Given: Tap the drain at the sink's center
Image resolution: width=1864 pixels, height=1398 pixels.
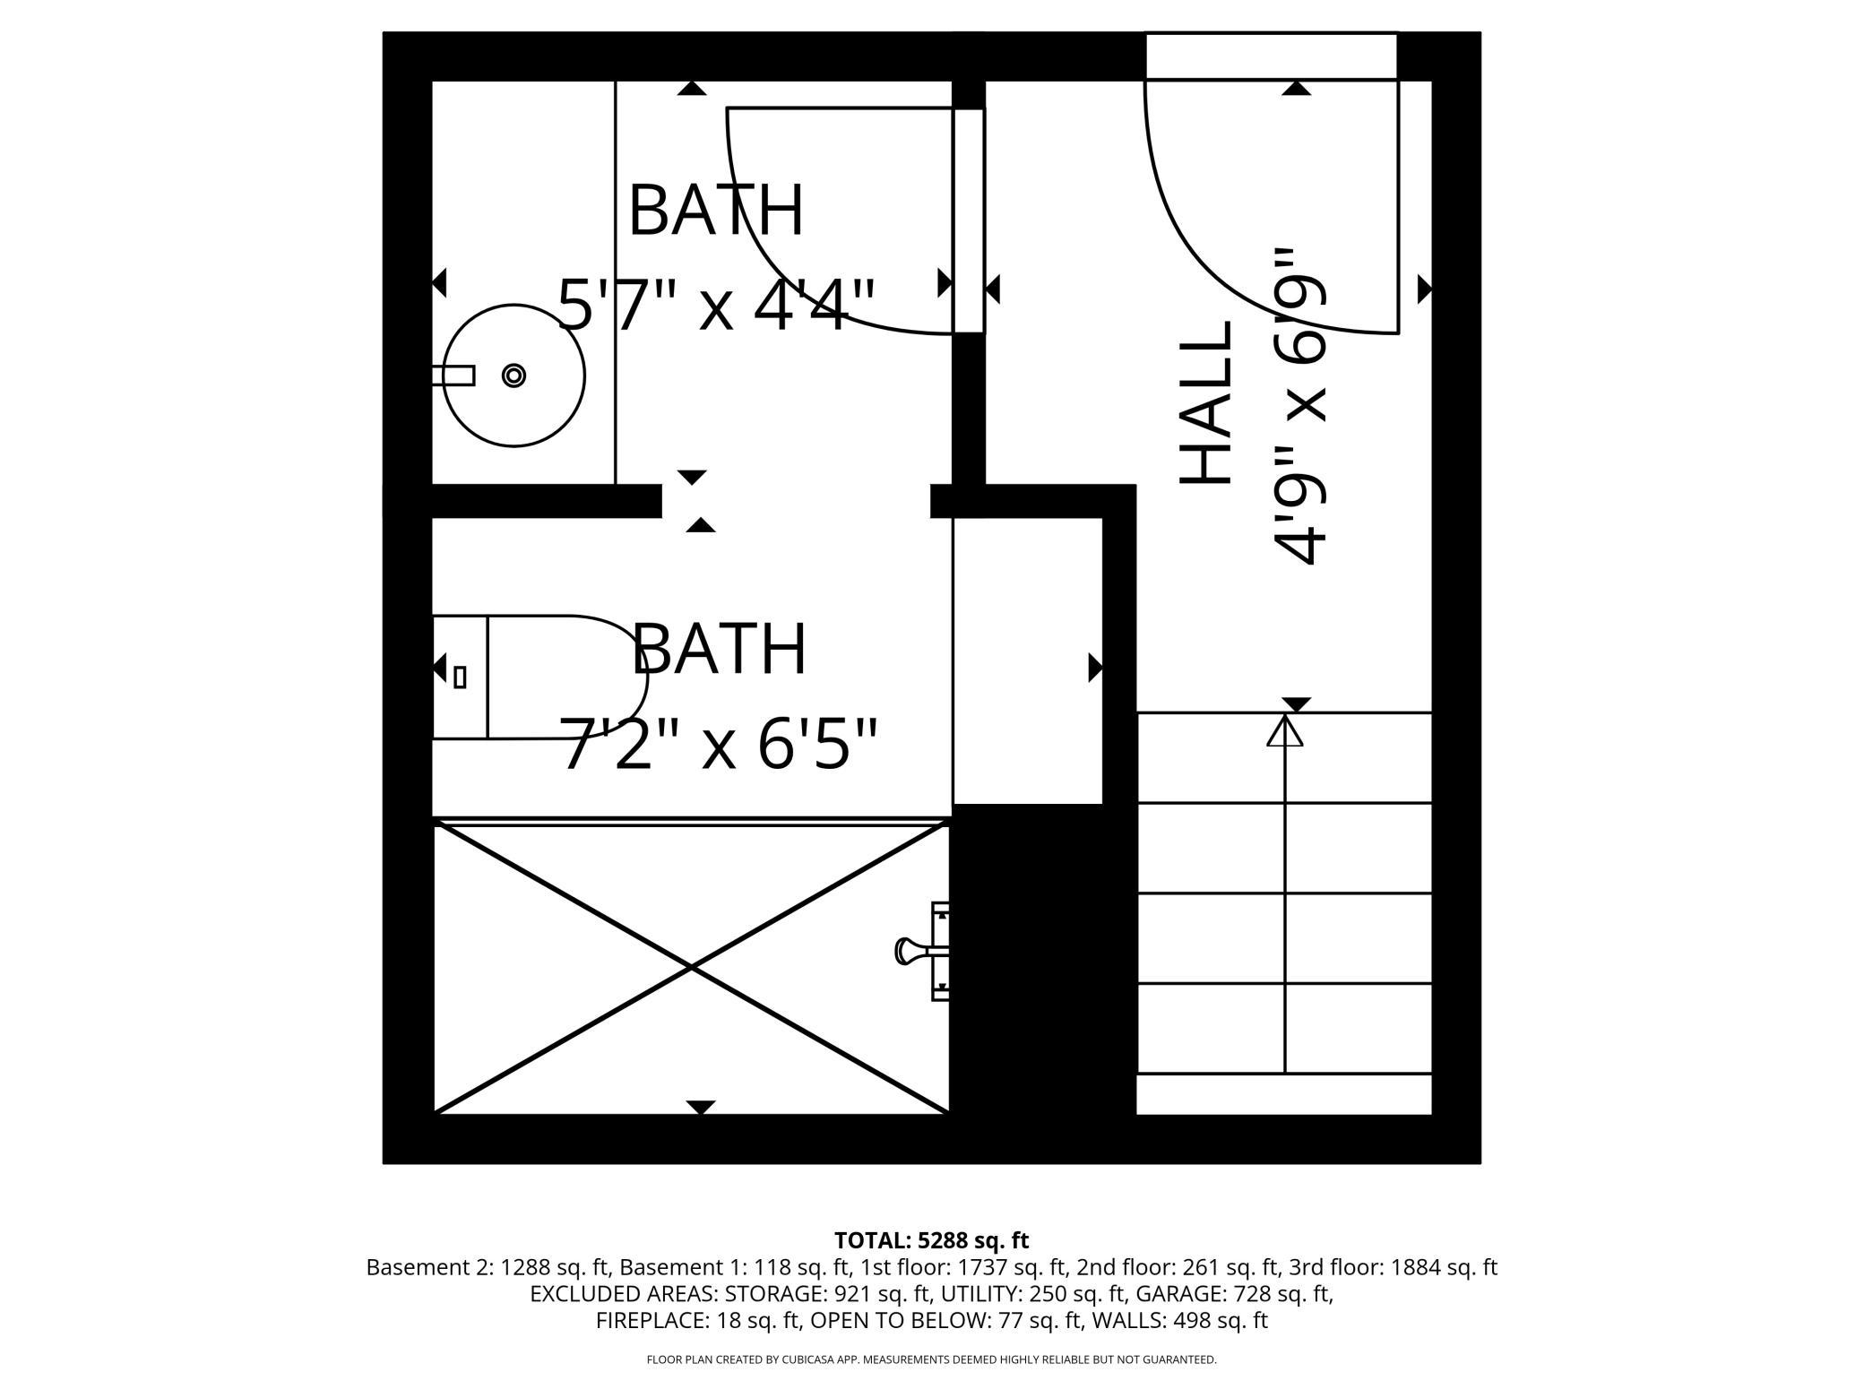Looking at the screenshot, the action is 513,375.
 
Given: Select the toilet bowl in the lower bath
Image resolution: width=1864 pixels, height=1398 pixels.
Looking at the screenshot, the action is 567,677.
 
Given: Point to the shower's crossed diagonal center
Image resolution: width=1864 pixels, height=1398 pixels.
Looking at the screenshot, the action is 691,968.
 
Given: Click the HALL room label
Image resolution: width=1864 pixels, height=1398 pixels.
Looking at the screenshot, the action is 1204,402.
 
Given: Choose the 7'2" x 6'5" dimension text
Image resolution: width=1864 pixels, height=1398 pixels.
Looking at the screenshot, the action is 719,743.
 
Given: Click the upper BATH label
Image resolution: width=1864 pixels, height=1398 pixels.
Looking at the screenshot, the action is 716,211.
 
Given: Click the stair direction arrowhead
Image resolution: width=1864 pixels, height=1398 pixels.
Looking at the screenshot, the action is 1285,729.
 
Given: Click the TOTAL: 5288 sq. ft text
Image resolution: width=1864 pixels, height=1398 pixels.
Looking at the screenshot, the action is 931,1240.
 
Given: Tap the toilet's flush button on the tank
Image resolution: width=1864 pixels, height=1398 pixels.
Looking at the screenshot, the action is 460,677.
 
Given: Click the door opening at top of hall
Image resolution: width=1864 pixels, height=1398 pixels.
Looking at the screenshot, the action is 1272,56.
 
